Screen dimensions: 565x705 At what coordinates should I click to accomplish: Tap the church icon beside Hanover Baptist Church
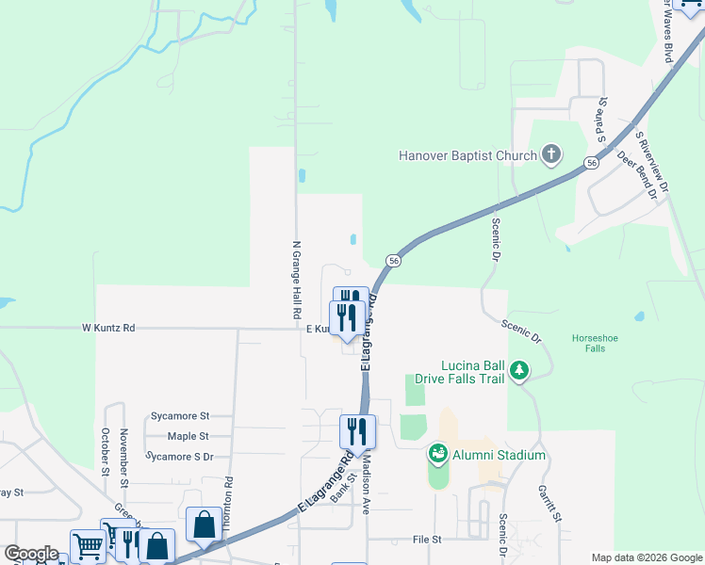click(x=551, y=155)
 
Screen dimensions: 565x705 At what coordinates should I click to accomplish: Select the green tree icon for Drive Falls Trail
click(x=518, y=371)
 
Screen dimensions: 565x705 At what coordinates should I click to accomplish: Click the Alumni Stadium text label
click(x=500, y=455)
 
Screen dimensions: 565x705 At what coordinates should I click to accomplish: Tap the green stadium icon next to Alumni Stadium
click(x=437, y=455)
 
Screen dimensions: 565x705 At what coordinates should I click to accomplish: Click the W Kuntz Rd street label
click(x=108, y=328)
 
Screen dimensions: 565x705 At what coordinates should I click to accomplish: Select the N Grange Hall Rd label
click(x=295, y=279)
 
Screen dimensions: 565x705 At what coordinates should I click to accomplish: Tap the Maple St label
click(x=188, y=436)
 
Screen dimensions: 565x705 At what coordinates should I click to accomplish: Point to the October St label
click(x=105, y=453)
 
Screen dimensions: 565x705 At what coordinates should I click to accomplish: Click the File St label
click(x=427, y=540)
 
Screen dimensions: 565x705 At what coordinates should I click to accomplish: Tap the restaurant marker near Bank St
click(x=357, y=432)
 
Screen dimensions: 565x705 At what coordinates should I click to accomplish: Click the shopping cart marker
click(x=88, y=545)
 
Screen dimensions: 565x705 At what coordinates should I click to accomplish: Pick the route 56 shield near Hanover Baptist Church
click(x=590, y=163)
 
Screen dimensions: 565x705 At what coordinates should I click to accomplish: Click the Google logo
click(x=31, y=554)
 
